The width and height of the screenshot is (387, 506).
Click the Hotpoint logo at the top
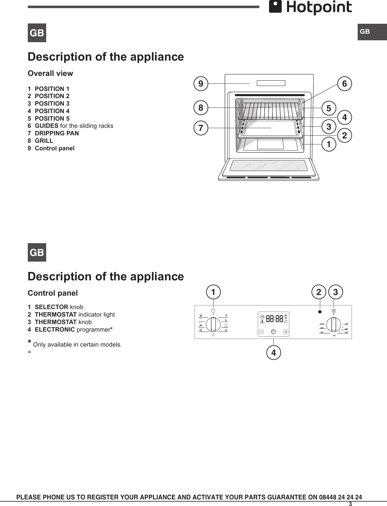point(311,8)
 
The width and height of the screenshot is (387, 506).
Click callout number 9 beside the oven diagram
point(201,84)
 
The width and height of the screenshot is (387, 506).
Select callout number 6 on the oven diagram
point(345,84)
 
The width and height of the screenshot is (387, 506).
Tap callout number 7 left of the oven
point(201,128)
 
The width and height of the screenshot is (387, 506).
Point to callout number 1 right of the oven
point(329,145)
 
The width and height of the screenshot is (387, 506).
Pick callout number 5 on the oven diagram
point(329,108)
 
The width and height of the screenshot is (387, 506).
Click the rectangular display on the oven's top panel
point(271,83)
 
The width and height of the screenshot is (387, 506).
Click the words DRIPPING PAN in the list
point(57,133)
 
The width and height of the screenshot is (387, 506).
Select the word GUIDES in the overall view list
point(47,126)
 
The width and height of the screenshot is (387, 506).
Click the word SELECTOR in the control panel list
point(51,307)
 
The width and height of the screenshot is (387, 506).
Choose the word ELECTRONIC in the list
point(55,329)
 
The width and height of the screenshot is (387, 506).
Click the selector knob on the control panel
point(213,324)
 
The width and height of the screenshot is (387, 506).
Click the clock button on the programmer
point(273,331)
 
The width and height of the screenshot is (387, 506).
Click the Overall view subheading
point(50,73)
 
